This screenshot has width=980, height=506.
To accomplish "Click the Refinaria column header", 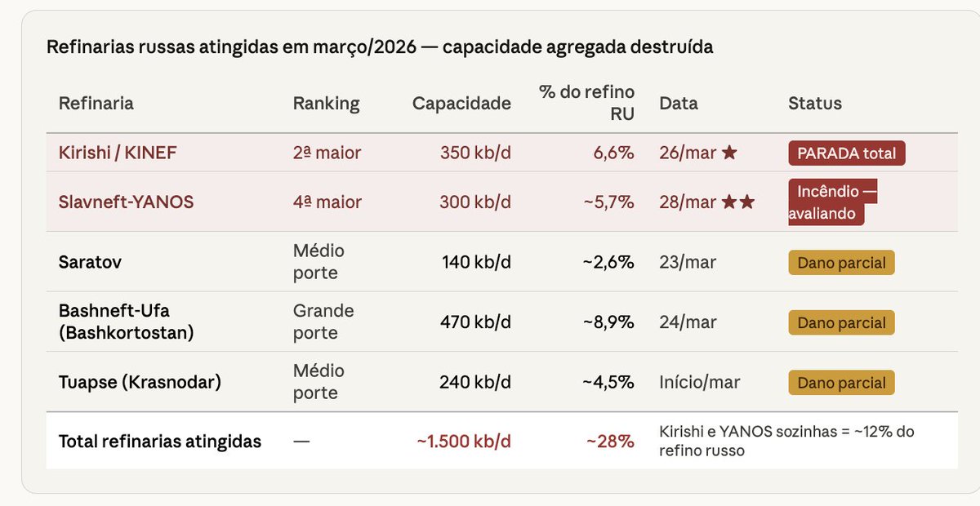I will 96,104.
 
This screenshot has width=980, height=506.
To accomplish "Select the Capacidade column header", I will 461,104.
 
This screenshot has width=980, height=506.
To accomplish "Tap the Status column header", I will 814,104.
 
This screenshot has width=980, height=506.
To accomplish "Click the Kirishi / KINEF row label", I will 118,153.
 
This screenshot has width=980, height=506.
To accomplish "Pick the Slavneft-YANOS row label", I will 126,202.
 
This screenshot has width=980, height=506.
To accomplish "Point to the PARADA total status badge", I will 846,153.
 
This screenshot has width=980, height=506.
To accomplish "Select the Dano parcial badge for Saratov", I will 841,263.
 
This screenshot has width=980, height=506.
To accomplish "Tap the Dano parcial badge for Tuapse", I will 841,383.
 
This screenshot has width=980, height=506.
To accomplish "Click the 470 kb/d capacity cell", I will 475,322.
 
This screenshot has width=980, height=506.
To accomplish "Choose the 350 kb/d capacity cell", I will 475,153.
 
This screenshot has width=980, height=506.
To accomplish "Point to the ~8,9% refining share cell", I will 608,322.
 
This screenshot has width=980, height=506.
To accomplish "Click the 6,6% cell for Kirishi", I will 614,153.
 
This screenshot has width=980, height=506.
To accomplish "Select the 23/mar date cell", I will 688,263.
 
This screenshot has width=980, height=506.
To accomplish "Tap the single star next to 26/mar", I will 729,153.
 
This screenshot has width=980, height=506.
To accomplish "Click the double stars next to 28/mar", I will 738,202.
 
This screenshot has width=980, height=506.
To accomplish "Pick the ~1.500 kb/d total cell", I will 464,442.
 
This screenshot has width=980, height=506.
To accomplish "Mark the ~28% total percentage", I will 610,442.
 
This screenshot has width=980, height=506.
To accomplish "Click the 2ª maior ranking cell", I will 327,153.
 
